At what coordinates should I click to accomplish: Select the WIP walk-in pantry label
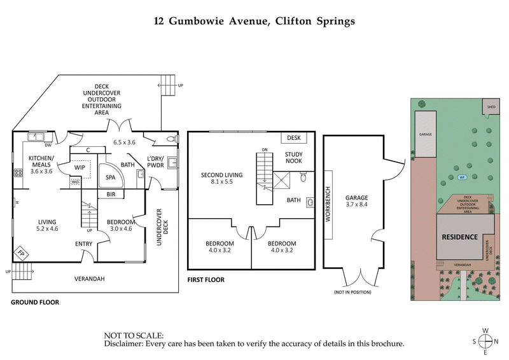(80, 168)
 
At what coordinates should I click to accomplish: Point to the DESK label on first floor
(293, 137)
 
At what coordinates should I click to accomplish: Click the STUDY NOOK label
(293, 157)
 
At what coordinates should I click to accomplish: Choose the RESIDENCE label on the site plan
(460, 237)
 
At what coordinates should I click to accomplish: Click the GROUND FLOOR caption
(35, 303)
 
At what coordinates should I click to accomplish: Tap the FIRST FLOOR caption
(206, 280)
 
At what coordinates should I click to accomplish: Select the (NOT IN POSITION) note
(352, 292)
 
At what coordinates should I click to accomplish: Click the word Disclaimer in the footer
(125, 344)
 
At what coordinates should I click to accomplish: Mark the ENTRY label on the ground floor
(83, 244)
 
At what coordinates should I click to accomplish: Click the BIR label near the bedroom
(111, 194)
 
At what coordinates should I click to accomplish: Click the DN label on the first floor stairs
(263, 149)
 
